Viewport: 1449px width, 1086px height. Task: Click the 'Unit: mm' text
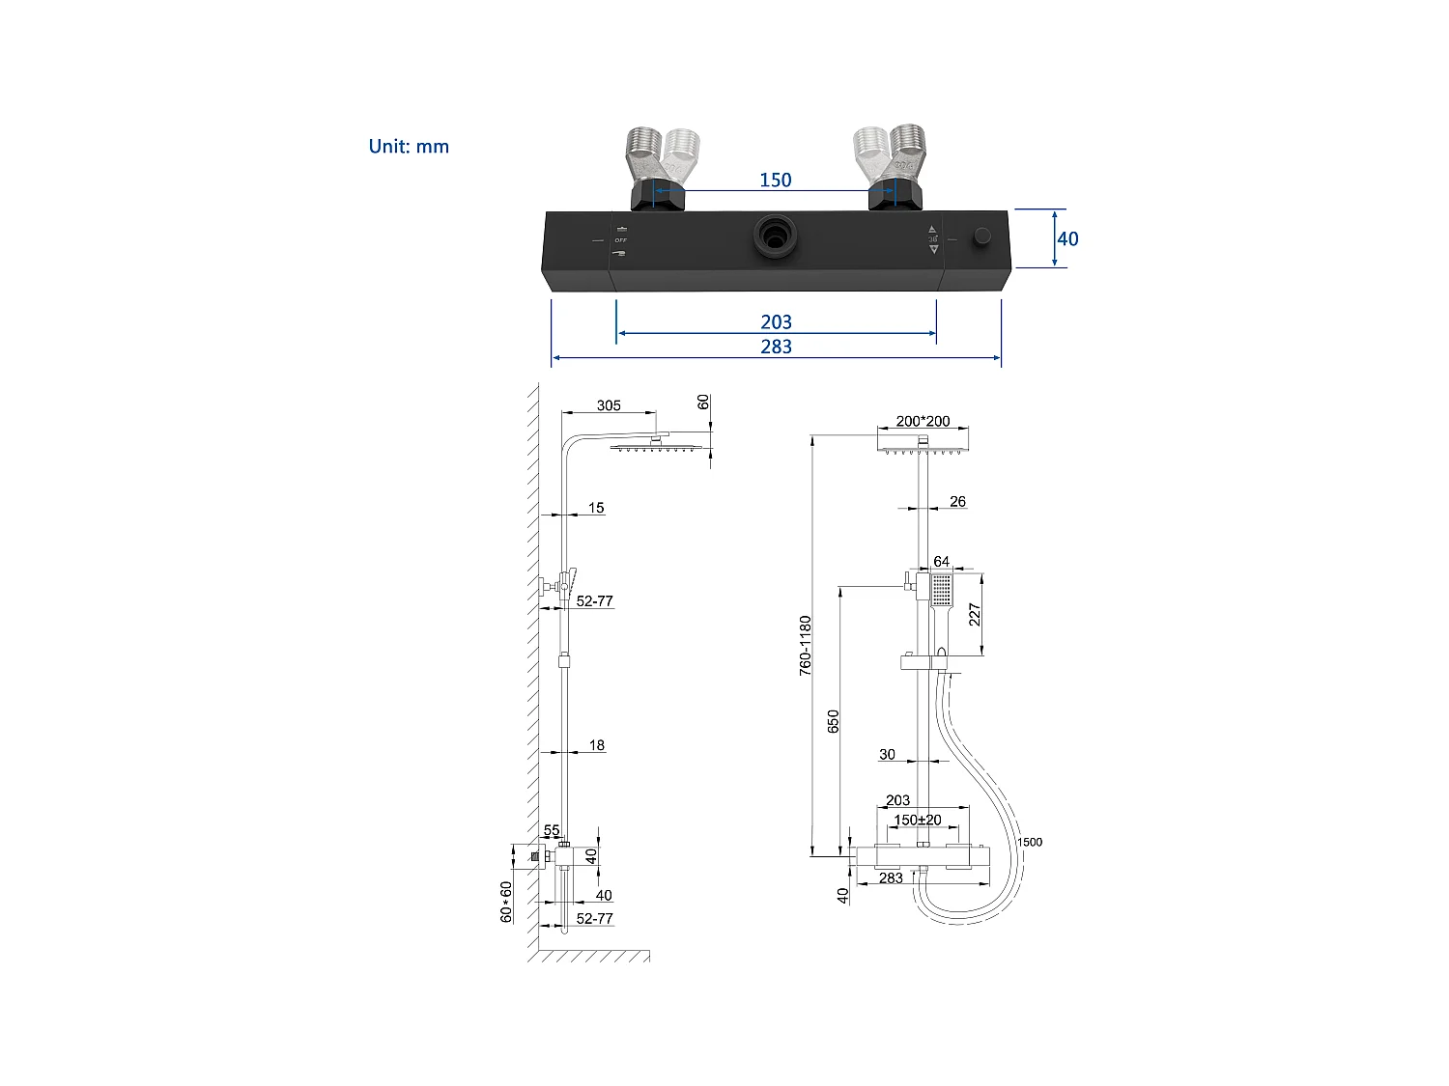click(409, 147)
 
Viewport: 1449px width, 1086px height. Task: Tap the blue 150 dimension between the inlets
click(775, 181)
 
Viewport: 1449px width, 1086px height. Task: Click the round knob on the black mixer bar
click(982, 237)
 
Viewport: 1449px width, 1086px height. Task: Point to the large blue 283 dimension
click(776, 347)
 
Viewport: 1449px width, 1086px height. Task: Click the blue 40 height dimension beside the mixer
click(1067, 238)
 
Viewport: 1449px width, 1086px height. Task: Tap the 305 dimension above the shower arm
click(609, 405)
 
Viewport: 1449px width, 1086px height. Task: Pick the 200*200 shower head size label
click(923, 421)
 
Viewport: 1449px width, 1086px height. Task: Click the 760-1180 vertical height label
click(806, 645)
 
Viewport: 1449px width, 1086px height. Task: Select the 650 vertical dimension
click(834, 721)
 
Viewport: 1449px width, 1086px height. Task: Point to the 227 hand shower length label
click(975, 614)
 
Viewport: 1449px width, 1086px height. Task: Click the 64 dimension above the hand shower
click(941, 561)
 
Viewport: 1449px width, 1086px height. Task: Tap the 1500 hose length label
click(1030, 842)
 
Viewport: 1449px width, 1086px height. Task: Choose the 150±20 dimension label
click(917, 820)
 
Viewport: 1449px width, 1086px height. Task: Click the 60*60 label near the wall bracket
click(506, 902)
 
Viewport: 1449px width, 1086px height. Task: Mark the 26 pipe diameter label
click(957, 501)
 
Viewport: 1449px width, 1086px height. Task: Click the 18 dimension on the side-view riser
click(597, 744)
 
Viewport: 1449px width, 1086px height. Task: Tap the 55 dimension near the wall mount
click(552, 830)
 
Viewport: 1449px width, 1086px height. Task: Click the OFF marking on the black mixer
click(620, 240)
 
